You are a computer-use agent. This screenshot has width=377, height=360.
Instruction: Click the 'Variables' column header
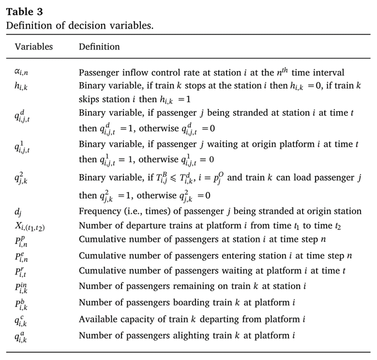click(34, 47)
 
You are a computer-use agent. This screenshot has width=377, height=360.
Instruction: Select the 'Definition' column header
click(99, 47)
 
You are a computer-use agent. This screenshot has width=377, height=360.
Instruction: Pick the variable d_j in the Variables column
click(17, 212)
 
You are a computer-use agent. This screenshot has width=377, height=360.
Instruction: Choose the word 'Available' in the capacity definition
click(95, 319)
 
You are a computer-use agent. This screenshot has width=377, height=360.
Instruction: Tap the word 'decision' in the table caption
click(72, 26)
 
